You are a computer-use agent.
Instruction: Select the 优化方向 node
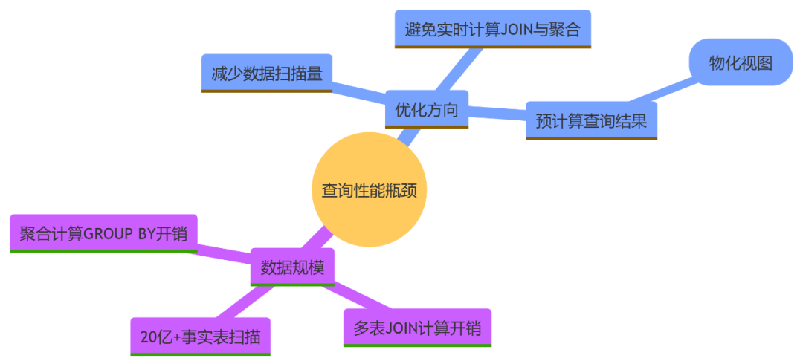click(426, 110)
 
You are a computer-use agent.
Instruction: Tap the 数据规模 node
click(292, 267)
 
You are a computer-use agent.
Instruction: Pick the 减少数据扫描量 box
click(266, 74)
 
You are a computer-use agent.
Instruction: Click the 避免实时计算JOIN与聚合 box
click(491, 29)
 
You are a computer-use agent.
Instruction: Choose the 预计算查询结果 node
click(591, 120)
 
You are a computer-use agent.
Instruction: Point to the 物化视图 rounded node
click(741, 62)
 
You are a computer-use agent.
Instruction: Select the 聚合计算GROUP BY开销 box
click(103, 234)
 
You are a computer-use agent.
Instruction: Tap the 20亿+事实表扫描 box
click(200, 337)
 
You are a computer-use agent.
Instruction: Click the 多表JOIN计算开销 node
click(417, 328)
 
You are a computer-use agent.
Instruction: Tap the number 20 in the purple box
click(146, 337)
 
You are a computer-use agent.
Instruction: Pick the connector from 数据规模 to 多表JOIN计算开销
click(357, 298)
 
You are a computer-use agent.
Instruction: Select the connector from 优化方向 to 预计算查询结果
click(497, 113)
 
